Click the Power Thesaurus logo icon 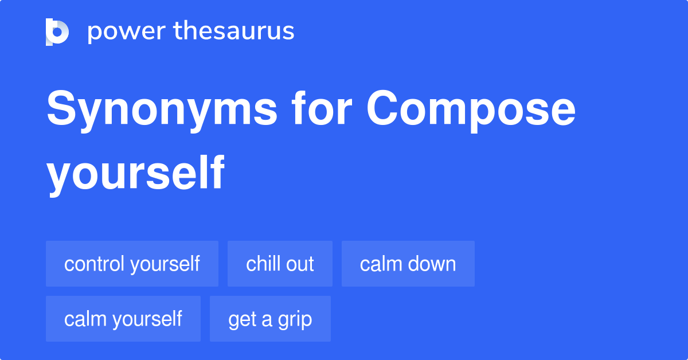click(57, 32)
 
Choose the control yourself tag click(132, 264)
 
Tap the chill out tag click(280, 264)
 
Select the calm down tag click(408, 264)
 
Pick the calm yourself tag click(123, 319)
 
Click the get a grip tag click(270, 319)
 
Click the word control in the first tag click(95, 264)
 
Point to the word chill click(263, 264)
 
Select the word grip click(295, 319)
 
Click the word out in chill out click(300, 264)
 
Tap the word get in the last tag click(241, 319)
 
